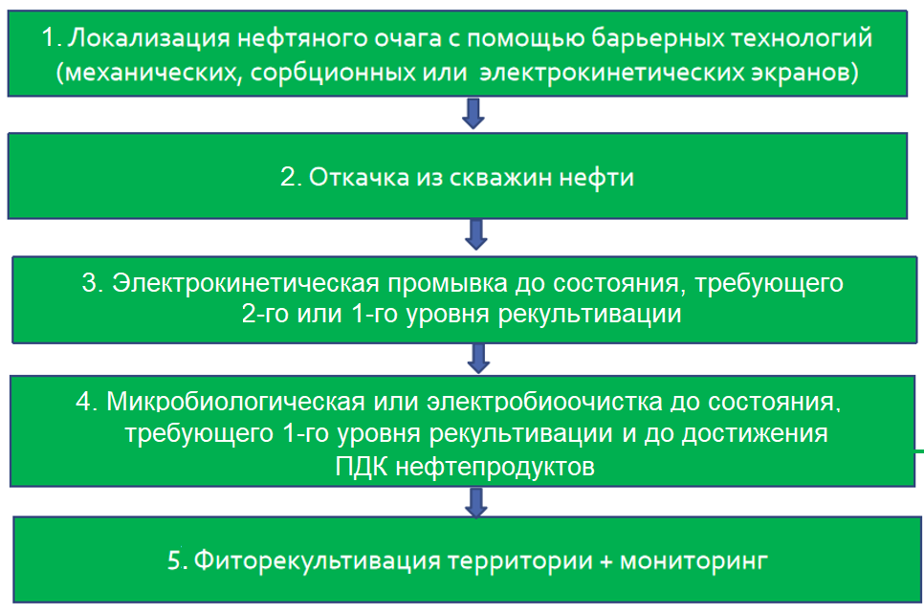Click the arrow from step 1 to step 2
click(x=473, y=112)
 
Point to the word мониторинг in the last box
click(x=693, y=560)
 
